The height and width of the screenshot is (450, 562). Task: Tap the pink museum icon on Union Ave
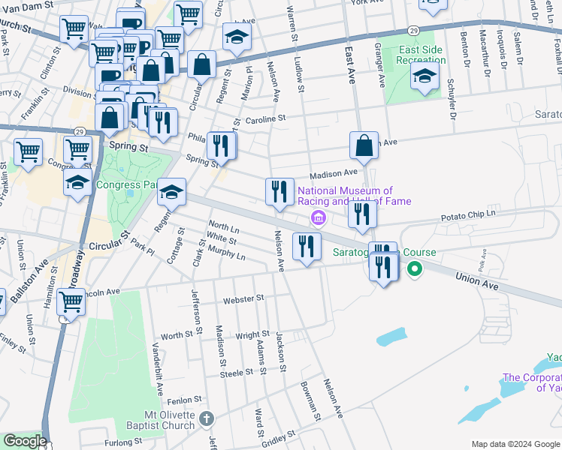point(318,218)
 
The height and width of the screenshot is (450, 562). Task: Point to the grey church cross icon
point(208,418)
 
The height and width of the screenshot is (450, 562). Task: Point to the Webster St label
point(243,298)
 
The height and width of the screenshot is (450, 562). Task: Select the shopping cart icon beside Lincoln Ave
point(71,301)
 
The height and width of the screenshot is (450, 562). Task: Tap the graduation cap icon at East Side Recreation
point(425,75)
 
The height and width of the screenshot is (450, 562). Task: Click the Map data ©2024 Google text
point(515,443)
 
